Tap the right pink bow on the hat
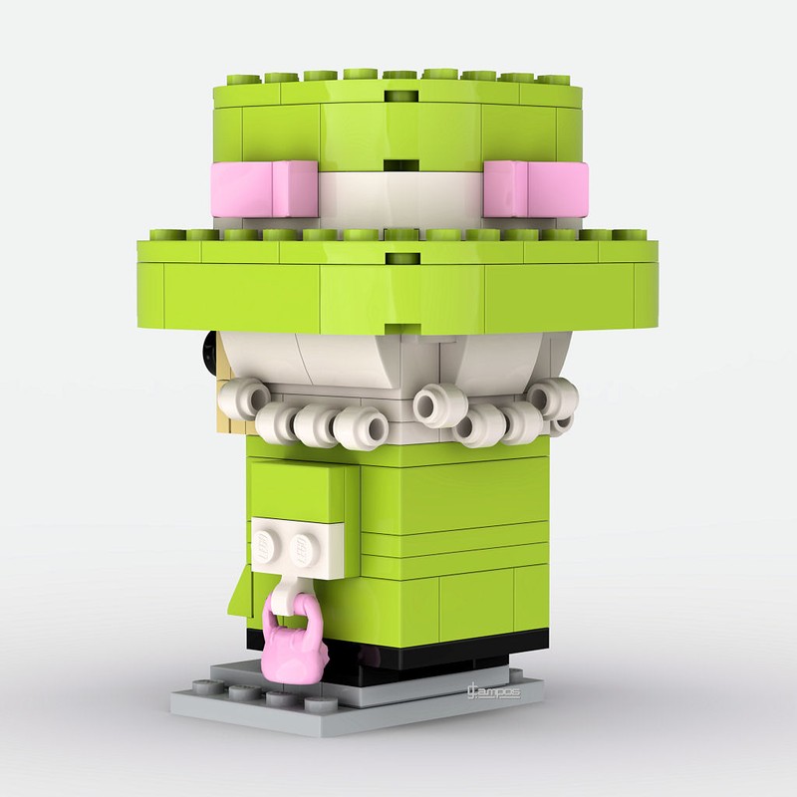click(522, 186)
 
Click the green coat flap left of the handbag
click(237, 593)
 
